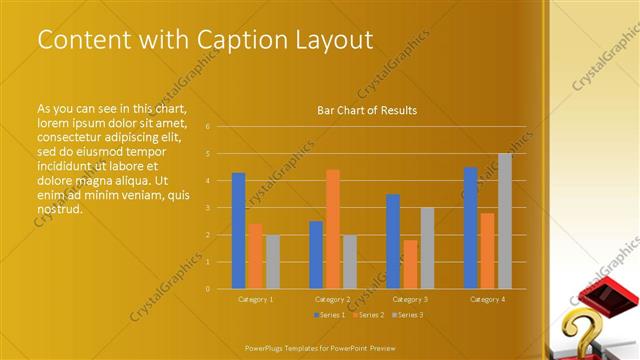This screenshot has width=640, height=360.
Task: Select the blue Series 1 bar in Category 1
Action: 238,231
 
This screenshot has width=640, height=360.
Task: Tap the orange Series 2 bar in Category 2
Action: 333,229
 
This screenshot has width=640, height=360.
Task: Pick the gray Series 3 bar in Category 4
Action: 504,221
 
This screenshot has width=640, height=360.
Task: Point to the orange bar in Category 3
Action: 410,264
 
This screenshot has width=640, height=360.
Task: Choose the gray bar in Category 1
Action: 272,262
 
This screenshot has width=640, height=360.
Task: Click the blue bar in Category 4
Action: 470,228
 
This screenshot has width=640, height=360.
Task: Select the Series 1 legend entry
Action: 331,315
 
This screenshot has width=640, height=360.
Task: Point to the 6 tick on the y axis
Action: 207,127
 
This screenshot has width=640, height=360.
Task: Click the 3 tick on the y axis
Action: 207,208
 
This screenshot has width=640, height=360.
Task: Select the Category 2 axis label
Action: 333,299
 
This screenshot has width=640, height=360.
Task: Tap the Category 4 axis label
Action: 487,299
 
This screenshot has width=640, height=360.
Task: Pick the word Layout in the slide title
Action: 335,40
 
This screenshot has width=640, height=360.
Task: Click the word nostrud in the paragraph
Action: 59,209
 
